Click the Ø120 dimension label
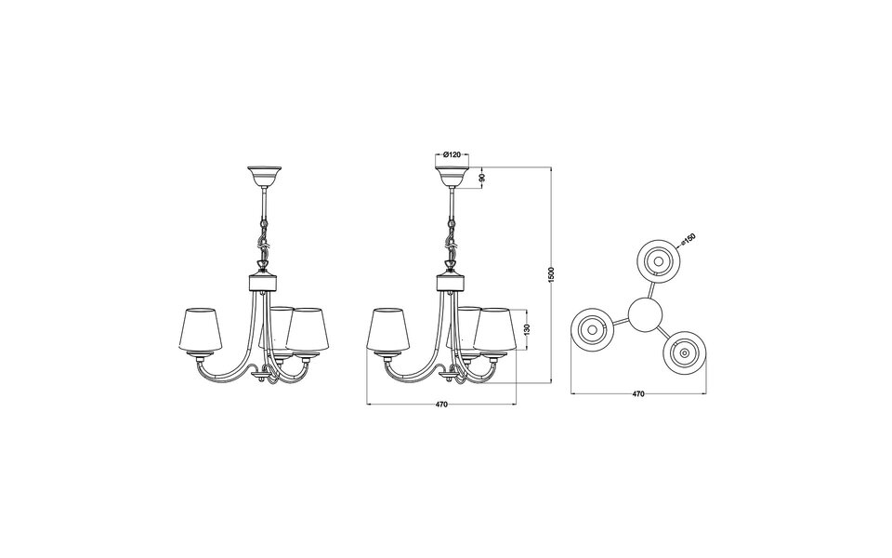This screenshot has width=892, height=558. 453,153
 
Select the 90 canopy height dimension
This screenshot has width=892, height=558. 481,177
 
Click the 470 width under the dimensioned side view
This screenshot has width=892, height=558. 441,405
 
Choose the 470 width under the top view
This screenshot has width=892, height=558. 638,394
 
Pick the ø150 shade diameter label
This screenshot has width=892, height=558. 689,240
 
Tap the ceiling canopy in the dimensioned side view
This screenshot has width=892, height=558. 453,175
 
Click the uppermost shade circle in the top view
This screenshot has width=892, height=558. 656,261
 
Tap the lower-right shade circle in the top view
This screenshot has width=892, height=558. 684,352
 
